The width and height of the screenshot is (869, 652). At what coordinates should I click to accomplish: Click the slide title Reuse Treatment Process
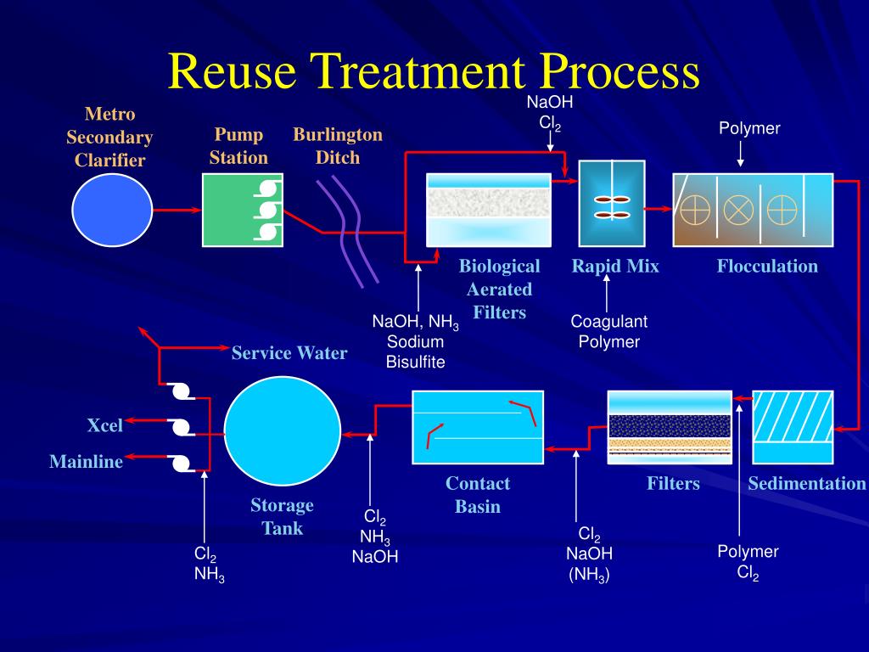[434, 71]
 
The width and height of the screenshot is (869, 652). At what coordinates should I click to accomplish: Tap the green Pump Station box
[242, 210]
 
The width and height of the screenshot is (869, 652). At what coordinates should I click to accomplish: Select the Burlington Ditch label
[338, 146]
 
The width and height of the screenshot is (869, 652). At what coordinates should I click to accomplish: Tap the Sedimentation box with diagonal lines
[793, 427]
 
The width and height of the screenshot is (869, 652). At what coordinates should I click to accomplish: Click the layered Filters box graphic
[670, 427]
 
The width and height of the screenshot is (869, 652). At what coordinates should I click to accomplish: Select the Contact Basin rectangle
[478, 427]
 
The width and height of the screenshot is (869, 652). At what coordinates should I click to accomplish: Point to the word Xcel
[104, 425]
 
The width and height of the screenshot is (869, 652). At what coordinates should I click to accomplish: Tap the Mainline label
[86, 462]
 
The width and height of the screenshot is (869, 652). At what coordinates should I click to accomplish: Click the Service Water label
[289, 353]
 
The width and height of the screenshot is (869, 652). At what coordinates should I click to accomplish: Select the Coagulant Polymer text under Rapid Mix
[608, 332]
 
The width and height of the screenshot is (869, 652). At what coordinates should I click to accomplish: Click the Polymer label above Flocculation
[749, 129]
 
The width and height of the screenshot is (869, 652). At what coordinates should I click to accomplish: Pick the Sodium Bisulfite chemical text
[415, 352]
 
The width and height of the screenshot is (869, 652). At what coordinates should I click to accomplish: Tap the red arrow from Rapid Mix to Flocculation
[657, 207]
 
